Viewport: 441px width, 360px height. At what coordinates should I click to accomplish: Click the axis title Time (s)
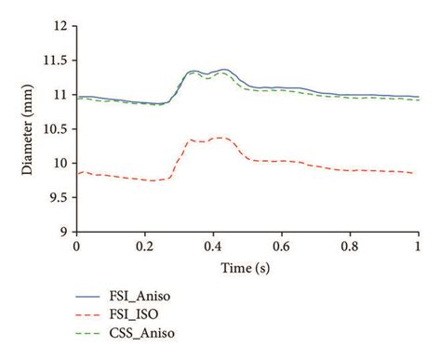click(x=247, y=267)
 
